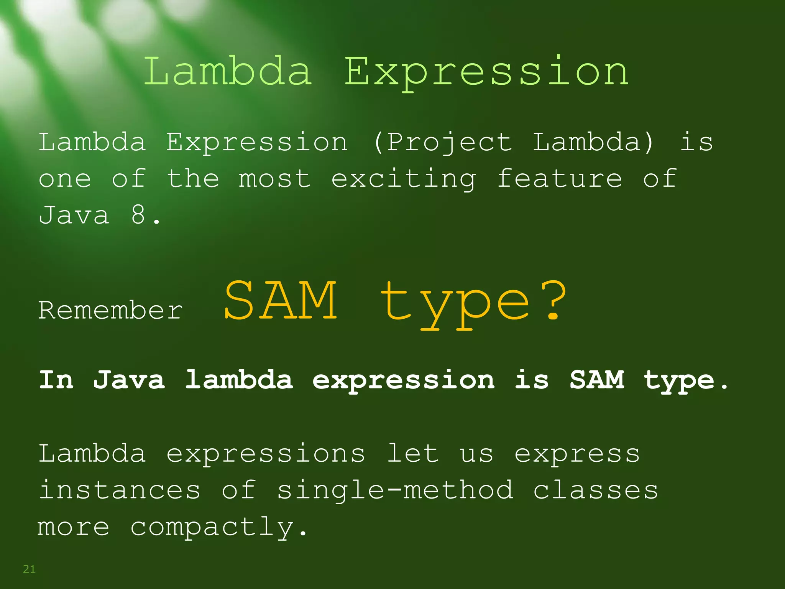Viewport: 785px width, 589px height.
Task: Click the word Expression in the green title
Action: click(486, 72)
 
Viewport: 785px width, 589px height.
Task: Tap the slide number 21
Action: click(29, 569)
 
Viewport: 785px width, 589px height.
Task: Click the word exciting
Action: click(403, 179)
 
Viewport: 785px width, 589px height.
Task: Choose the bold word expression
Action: click(403, 381)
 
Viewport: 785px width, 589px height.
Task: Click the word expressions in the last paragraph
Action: click(266, 454)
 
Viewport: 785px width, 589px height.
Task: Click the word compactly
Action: click(218, 528)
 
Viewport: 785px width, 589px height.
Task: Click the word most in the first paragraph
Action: click(274, 179)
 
